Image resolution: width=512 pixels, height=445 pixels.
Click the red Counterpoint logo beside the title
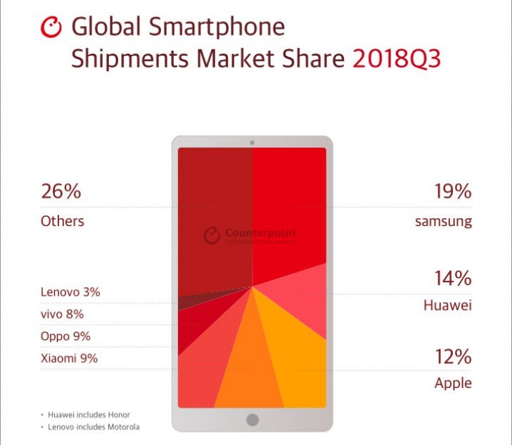[53, 27]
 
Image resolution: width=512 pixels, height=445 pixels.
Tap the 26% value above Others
[60, 191]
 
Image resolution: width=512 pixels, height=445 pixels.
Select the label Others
[62, 221]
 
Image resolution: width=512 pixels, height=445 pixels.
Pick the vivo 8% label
[62, 314]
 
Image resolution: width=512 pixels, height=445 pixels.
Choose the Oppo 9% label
[65, 336]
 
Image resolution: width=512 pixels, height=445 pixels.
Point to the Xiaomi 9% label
[69, 358]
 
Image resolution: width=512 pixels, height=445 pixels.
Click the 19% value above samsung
[452, 191]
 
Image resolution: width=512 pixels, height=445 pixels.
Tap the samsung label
[443, 222]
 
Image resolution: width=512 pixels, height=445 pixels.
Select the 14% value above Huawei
[452, 278]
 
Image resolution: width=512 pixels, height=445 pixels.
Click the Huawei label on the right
[447, 306]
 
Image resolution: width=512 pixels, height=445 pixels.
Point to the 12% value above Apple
[452, 356]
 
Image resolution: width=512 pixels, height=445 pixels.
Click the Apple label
[453, 384]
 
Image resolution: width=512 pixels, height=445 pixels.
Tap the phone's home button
[252, 420]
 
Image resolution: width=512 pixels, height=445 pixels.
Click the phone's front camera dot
[252, 143]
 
